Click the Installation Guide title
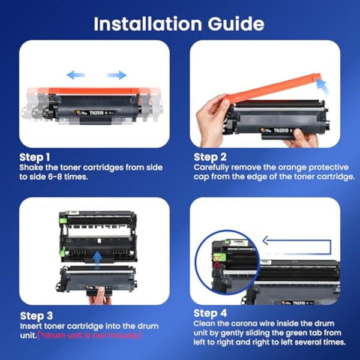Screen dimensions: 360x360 tap(179, 23)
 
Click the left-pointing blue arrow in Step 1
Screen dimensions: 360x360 tap(75, 75)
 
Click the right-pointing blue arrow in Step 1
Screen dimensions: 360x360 tap(118, 75)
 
